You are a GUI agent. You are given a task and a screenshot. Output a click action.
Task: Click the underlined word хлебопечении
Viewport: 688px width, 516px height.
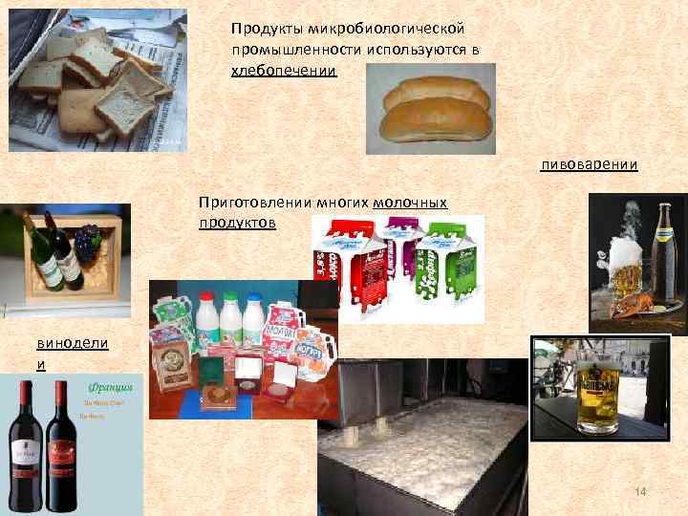tap(284, 71)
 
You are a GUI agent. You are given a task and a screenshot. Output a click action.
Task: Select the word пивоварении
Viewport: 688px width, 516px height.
tap(589, 165)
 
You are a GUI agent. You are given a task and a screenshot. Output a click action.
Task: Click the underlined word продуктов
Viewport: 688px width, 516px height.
tap(237, 222)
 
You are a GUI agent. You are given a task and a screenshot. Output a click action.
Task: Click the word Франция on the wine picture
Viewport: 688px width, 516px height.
tap(107, 390)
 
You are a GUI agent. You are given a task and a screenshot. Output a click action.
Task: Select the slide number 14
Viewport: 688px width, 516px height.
tap(641, 491)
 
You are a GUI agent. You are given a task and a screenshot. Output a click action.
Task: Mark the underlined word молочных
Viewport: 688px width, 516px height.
tap(410, 203)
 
